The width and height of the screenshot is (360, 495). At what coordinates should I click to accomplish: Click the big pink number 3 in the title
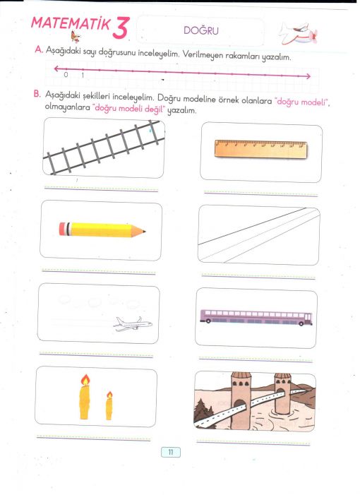coord(121,28)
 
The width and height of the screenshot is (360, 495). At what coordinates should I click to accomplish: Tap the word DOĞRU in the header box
coord(201,30)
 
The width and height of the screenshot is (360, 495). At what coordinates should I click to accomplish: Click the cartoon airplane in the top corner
coord(297,33)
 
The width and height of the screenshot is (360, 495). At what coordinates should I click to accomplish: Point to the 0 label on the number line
coord(66,75)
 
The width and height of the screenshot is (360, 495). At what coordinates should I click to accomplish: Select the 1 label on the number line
coord(83,75)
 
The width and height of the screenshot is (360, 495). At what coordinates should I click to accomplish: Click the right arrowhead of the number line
coord(308,76)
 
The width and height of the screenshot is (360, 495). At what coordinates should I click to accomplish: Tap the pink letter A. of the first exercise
coord(39,49)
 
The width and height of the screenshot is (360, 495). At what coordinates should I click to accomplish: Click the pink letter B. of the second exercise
coord(37,94)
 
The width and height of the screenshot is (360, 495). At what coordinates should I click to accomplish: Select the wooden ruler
coord(260,149)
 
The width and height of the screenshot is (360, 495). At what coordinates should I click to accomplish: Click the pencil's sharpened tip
coord(144,232)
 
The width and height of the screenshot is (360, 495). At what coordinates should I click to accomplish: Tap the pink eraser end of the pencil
coord(63,229)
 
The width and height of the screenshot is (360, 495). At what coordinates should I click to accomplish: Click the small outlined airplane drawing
coord(133,323)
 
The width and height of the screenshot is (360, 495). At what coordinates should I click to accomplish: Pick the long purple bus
coord(256,317)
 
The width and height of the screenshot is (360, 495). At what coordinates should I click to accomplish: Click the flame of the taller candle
coord(85,380)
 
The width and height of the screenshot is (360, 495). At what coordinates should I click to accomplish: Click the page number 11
coord(171,452)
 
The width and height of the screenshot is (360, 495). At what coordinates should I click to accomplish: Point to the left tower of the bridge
coord(241,400)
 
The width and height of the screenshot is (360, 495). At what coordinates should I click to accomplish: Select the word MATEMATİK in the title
coord(71,24)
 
